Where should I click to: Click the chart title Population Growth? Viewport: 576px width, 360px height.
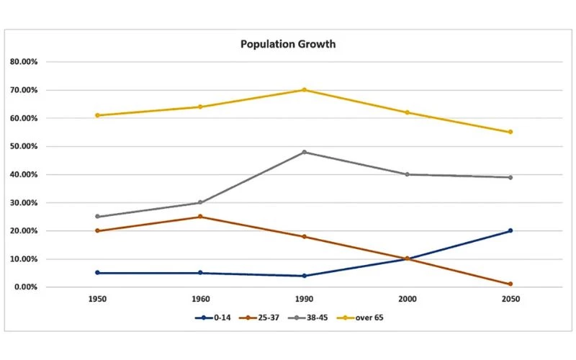(x=288, y=44)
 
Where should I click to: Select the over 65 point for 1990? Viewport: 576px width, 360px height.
(x=304, y=90)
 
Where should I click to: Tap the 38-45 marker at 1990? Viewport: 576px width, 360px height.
(x=304, y=152)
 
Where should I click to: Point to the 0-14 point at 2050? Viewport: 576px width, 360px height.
(x=510, y=230)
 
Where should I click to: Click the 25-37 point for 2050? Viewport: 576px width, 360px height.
(x=510, y=284)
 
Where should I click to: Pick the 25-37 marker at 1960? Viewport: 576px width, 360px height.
(x=200, y=216)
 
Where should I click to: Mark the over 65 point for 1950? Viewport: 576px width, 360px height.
(x=97, y=115)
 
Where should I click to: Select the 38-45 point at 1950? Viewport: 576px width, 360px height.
(x=97, y=217)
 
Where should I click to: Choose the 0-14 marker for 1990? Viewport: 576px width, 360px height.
(x=304, y=276)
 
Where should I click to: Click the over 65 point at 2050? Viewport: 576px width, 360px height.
(x=510, y=132)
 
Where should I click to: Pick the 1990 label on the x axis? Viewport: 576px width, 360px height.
(x=304, y=299)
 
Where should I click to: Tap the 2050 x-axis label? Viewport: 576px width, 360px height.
(x=510, y=299)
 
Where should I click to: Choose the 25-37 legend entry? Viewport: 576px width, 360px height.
(x=259, y=317)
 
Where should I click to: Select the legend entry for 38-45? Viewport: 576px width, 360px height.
(x=310, y=317)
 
